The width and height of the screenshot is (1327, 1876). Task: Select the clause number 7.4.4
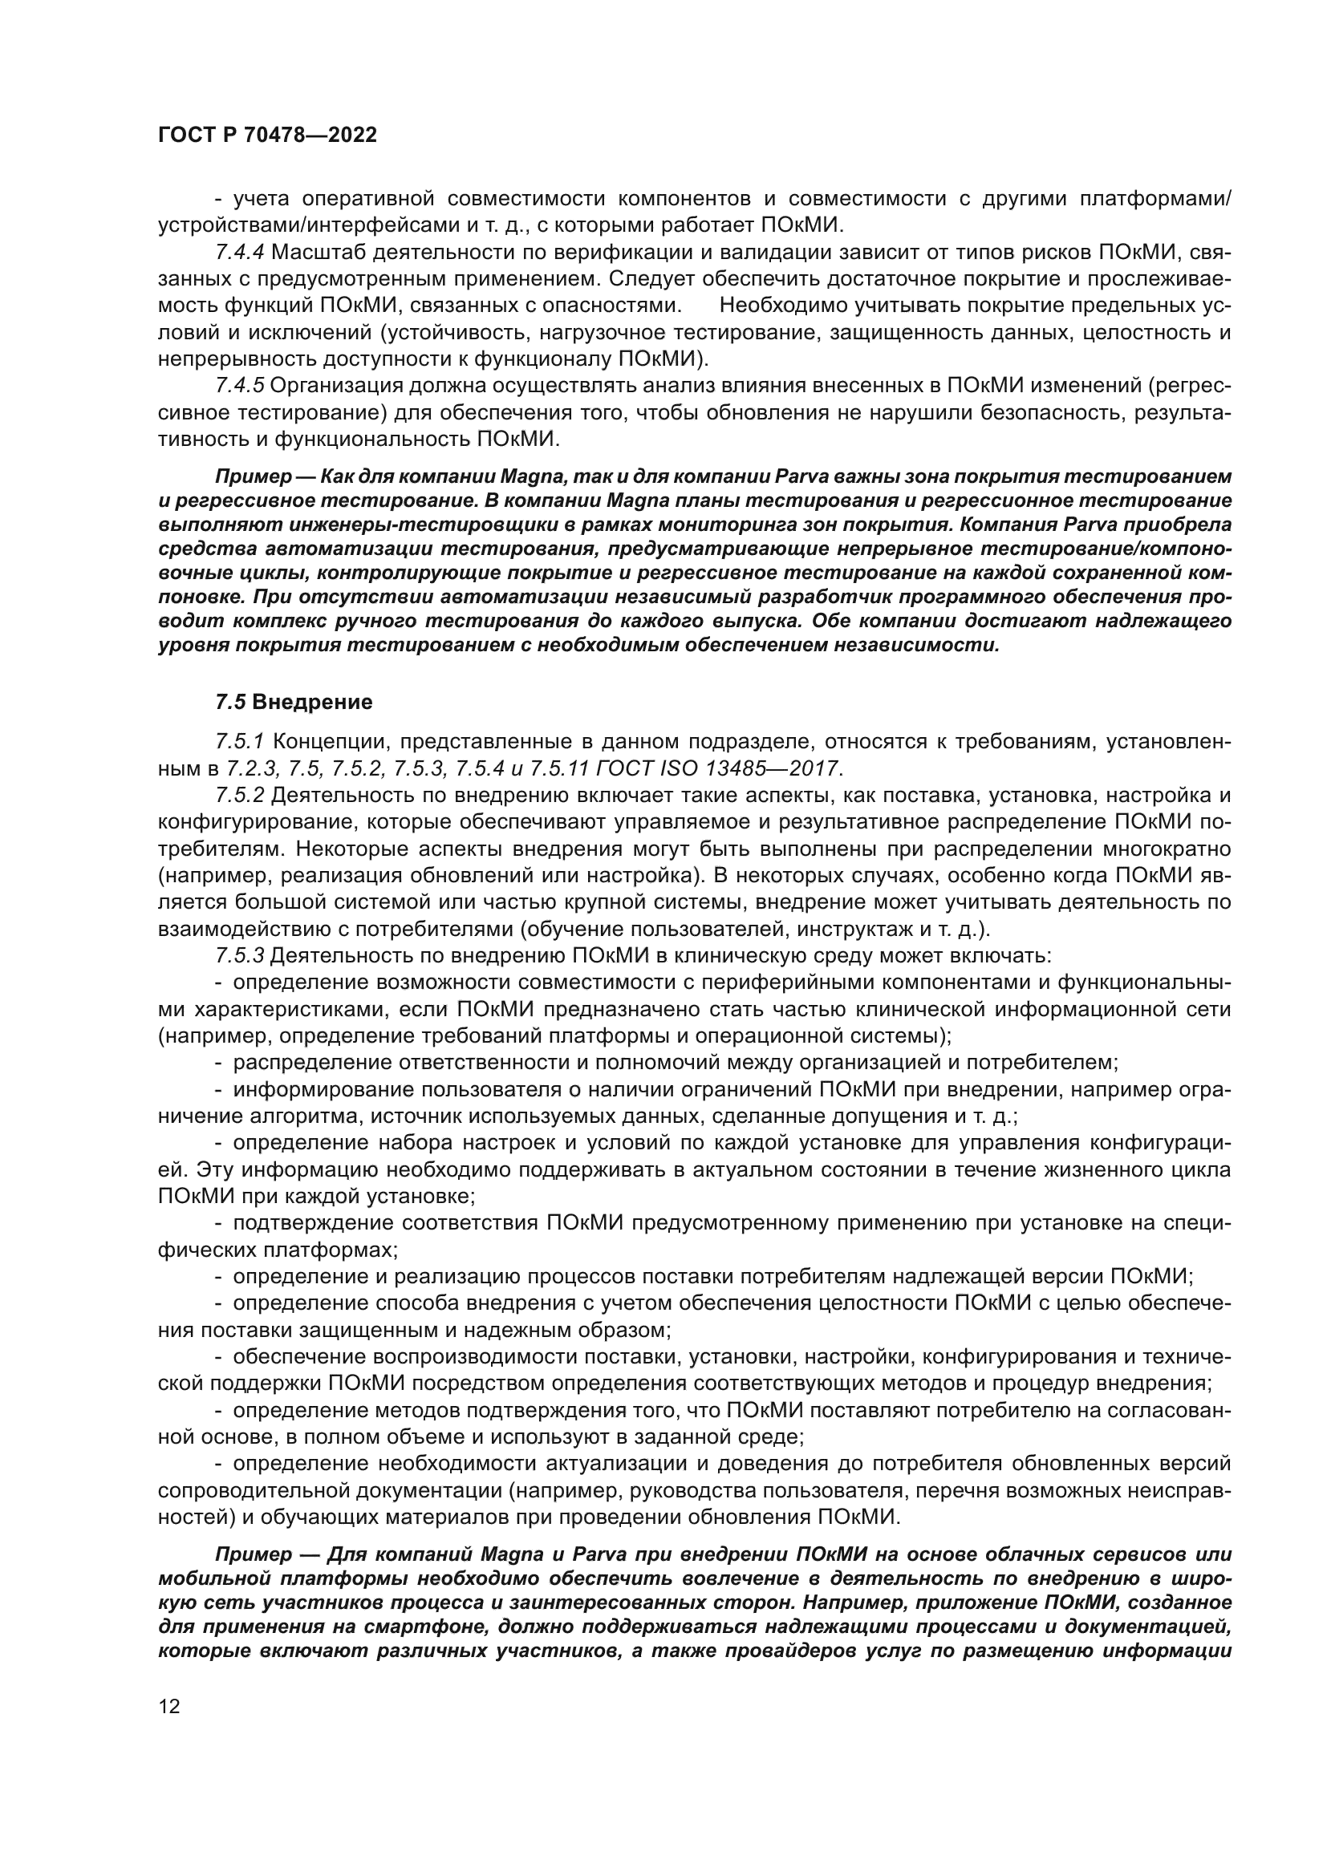coord(239,253)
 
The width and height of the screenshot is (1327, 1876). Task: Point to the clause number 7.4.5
coord(239,386)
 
